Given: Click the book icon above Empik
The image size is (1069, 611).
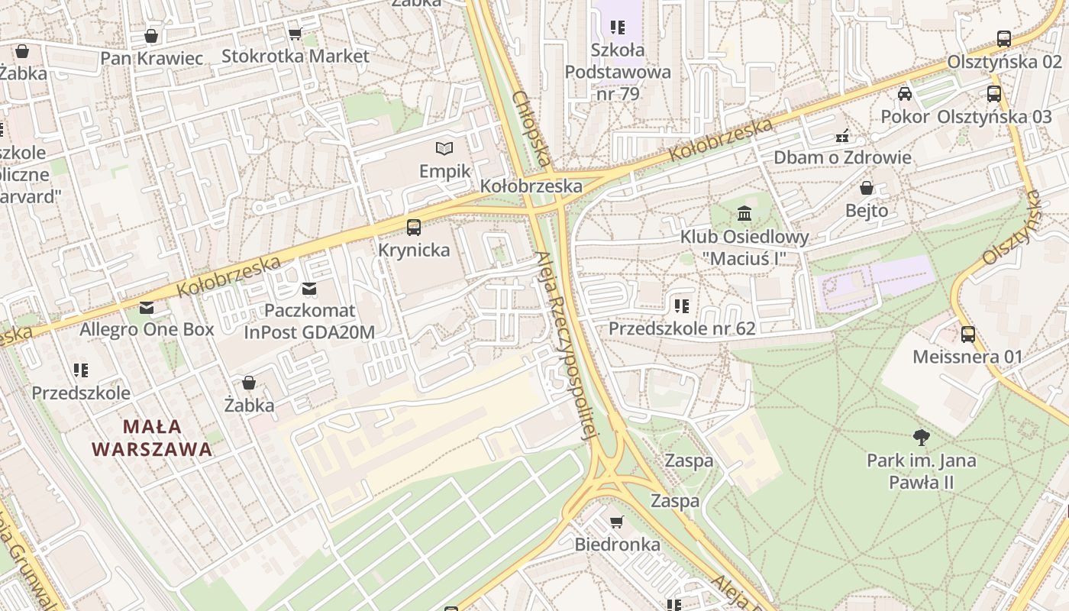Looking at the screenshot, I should [444, 148].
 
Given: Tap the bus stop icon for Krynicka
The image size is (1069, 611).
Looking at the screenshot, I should [414, 227].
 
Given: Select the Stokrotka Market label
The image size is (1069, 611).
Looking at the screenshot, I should [295, 56].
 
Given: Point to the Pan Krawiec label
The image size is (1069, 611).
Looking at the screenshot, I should [152, 58].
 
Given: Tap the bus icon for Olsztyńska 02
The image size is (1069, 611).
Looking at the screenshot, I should [1004, 39].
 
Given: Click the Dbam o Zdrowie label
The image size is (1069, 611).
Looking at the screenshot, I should [842, 157].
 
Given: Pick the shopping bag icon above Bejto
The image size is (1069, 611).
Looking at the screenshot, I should [867, 188].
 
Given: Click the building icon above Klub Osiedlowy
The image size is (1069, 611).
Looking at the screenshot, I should [744, 213].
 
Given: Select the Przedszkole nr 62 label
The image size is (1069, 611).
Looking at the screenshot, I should [682, 328].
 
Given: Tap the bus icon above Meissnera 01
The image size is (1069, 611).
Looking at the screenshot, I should [967, 334].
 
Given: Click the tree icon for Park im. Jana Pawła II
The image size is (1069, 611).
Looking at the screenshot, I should [922, 438].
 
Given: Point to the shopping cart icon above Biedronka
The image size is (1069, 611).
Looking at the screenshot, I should [617, 522].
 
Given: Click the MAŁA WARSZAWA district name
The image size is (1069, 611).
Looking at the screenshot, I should [152, 438].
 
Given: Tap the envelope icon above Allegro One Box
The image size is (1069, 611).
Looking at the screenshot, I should [147, 308].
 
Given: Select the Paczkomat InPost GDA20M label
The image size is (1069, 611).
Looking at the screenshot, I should [309, 322].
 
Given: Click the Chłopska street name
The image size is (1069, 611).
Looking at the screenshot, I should [531, 129].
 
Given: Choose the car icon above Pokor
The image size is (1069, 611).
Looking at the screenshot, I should [905, 94].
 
